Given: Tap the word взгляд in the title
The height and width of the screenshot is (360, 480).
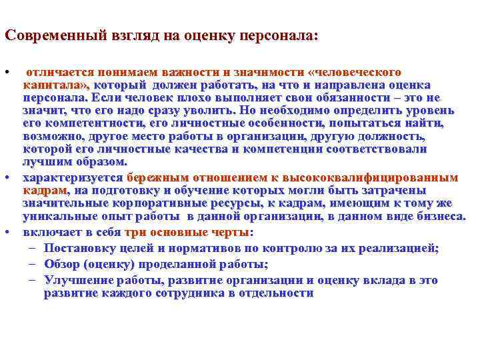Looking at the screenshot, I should pyautogui.click(x=118, y=36).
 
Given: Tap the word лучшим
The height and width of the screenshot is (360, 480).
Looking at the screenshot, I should pyautogui.click(x=44, y=161).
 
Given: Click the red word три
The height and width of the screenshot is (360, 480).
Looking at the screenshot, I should pyautogui.click(x=134, y=233).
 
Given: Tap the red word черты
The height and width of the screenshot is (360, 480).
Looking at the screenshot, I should pyautogui.click(x=227, y=233).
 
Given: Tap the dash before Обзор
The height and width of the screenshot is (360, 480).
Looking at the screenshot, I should pyautogui.click(x=32, y=264).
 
